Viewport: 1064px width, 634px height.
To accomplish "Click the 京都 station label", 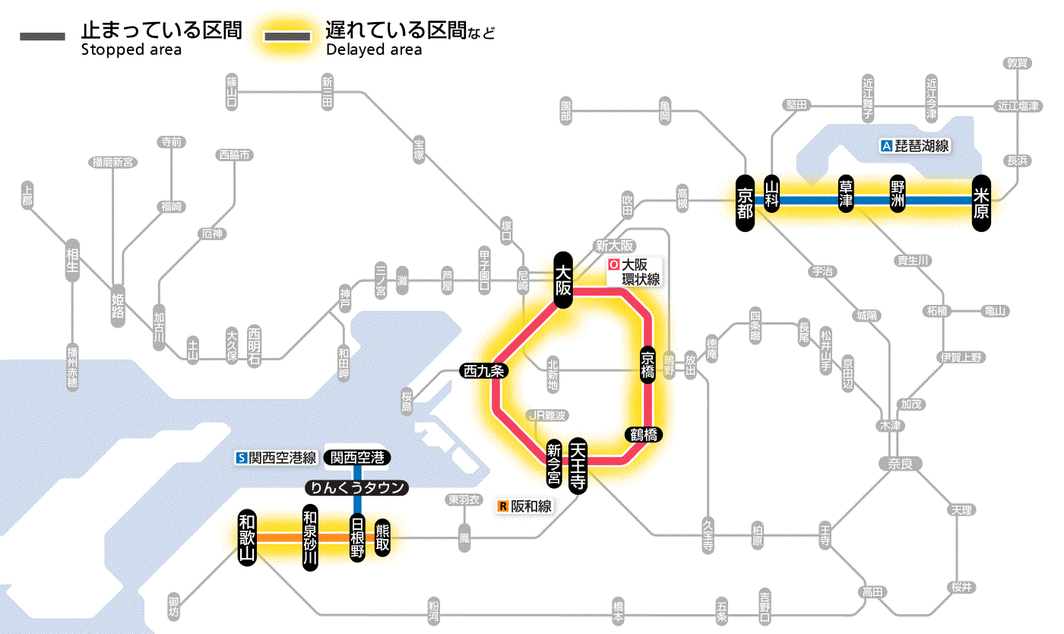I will pos(745,201).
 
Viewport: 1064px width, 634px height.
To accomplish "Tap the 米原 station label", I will pos(981,201).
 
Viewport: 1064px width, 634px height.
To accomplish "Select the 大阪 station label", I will pos(562,280).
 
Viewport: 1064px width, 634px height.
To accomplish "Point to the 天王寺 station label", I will pos(578,466).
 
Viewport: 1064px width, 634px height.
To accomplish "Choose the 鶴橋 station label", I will pos(644,435).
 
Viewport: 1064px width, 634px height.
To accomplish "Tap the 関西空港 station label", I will pos(357,458).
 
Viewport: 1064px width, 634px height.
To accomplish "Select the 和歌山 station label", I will pos(247,537).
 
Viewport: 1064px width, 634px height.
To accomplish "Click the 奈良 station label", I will pos(900,463).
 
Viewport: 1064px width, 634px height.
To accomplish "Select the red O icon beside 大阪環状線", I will pos(614,265).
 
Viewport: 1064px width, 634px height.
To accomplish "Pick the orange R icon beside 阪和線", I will pos(502,506).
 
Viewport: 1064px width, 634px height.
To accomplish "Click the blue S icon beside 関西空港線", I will pos(242,458).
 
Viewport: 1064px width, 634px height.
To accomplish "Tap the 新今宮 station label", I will pos(554,464).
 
